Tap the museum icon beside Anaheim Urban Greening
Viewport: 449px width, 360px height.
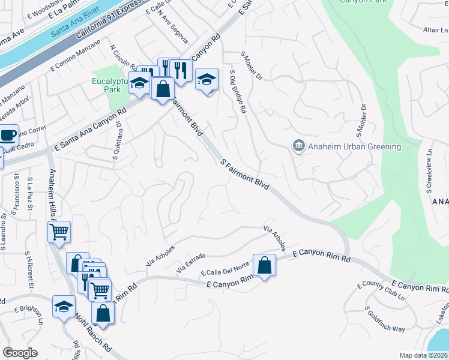click(x=298, y=146)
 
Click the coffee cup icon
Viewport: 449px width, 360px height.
click(x=8, y=136)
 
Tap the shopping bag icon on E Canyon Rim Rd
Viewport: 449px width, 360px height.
click(x=264, y=265)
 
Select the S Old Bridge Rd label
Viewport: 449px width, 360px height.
click(x=238, y=92)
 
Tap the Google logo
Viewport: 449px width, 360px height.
click(x=20, y=352)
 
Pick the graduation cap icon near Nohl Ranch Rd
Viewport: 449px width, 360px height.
click(x=64, y=307)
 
